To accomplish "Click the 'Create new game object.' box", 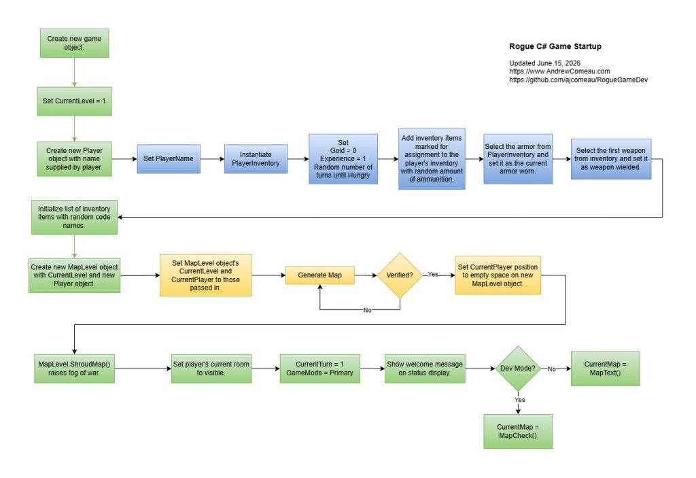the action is coord(74,43).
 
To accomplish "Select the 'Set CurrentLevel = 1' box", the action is coord(74,101).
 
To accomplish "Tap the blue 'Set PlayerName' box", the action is coord(169,158).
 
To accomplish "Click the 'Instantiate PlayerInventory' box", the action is coord(256,158).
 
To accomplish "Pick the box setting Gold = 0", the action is coord(343,158).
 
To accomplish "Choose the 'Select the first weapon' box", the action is coord(611,158).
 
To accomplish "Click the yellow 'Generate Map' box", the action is coord(319,275).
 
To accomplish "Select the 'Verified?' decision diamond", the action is coord(400,275).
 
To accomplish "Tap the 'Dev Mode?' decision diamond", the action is coord(517,369).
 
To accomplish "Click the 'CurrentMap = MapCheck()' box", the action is coord(517,431).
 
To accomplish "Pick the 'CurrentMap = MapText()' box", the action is coord(605,369).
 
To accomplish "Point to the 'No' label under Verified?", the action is coord(367,310).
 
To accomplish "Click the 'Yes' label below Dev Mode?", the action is coord(519,400).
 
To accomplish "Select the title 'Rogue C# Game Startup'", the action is coord(555,46).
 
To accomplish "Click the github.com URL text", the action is coord(578,80).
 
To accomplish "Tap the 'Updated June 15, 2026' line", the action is coord(544,63).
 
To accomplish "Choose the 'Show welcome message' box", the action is coord(425,369).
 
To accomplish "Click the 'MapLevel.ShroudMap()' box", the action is coord(74,369).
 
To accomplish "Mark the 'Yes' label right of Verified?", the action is coord(433,275).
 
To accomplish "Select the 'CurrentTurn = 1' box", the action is coord(319,369).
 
